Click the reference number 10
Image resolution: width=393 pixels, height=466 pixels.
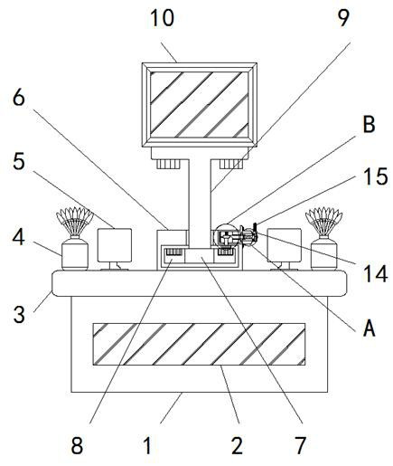coord(162,18)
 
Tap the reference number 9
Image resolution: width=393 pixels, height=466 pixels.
coord(343,18)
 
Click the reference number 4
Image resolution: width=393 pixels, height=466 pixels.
coord(19,237)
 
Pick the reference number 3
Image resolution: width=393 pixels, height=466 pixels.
coord(19,314)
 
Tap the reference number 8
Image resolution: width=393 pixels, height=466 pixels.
coord(77,446)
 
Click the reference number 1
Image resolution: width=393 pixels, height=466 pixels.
coord(147,446)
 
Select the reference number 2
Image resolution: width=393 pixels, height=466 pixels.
coord(237,446)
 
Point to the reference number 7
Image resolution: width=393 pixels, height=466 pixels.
coord(300,446)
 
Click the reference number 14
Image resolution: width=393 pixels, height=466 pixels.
coord(375,274)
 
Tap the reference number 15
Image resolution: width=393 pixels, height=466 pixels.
coord(376,176)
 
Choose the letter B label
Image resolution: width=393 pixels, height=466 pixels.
coord(369,124)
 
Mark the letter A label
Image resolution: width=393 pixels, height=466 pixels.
coord(370,328)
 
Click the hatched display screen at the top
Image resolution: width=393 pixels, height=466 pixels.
coord(200,105)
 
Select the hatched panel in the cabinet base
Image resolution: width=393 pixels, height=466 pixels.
coord(199,344)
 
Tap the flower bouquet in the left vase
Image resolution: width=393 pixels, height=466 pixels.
coord(75,221)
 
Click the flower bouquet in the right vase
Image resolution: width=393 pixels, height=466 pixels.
coord(323,221)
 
